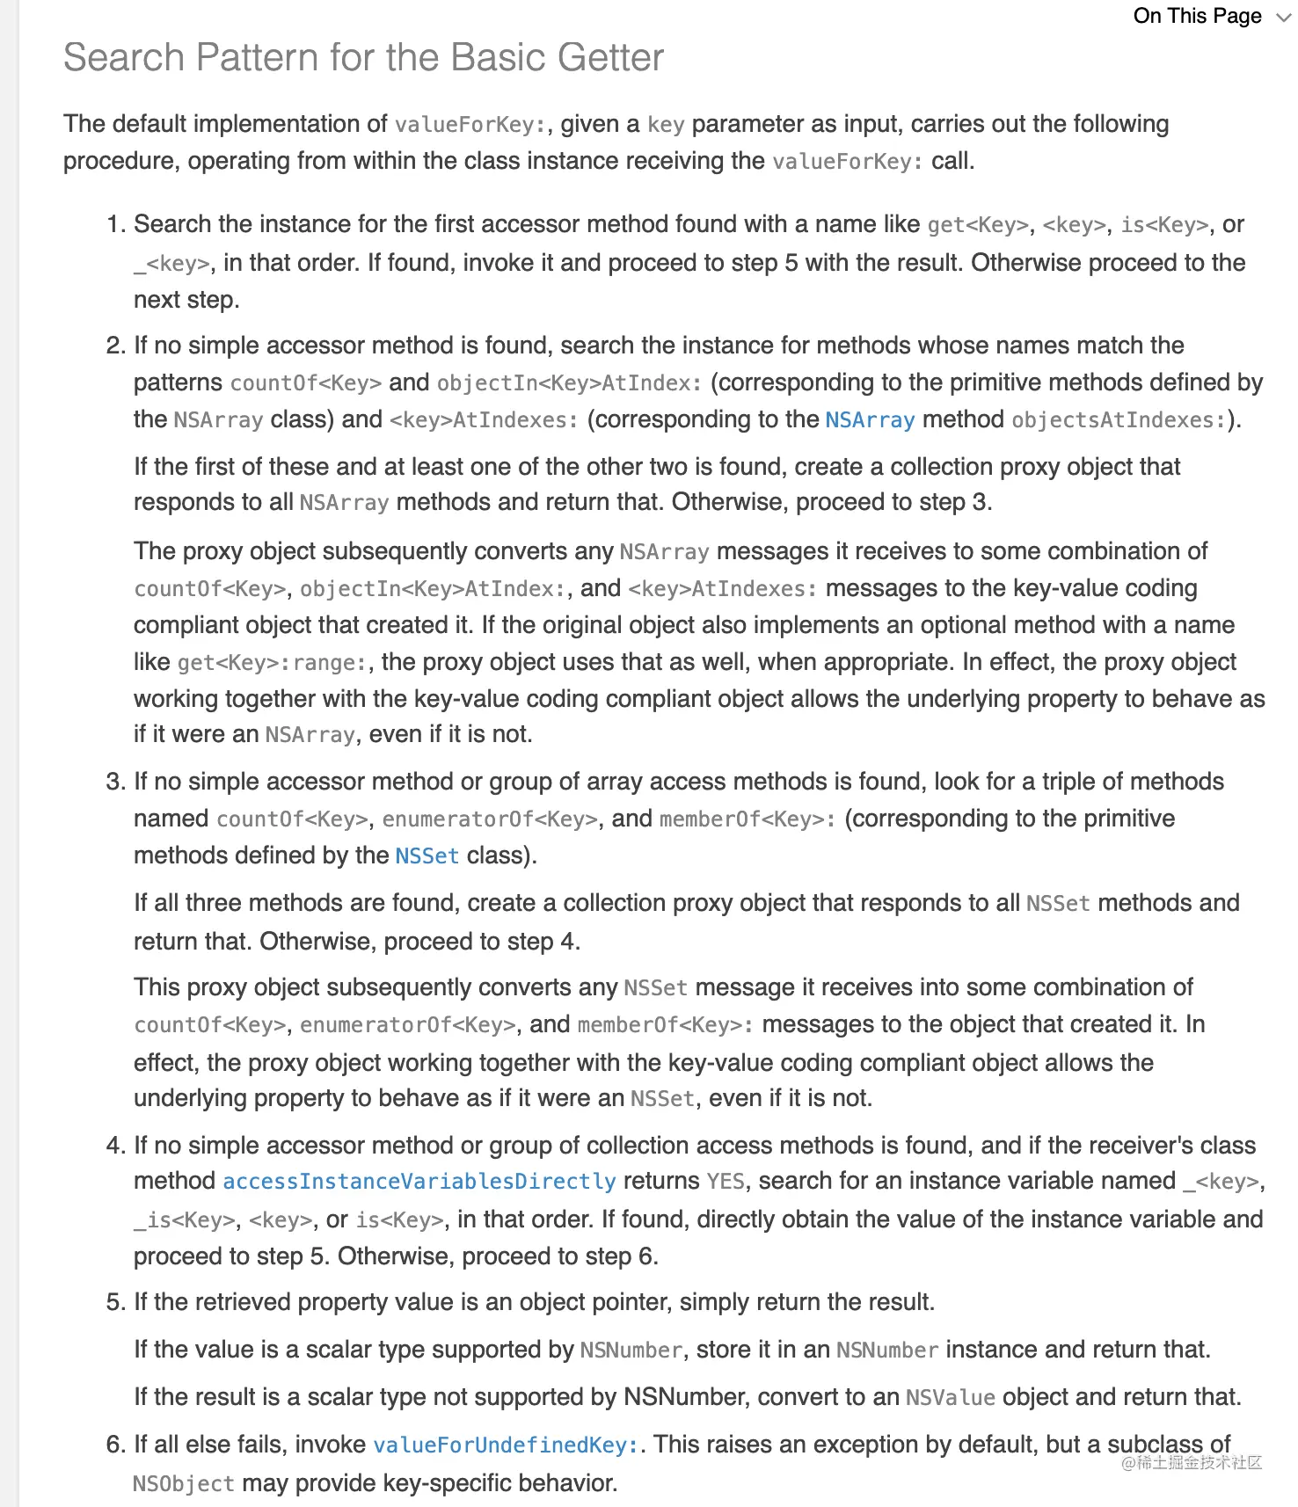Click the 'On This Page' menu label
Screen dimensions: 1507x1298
click(1197, 16)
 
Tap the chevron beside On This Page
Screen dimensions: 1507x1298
click(1283, 18)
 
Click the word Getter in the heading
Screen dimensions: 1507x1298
click(610, 58)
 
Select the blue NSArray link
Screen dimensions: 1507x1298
click(870, 420)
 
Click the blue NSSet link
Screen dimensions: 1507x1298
click(427, 856)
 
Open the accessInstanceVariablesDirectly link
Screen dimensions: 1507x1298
click(419, 1182)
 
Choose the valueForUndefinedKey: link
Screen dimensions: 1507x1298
click(506, 1445)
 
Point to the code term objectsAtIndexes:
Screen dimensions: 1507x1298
click(1119, 420)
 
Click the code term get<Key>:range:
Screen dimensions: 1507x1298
click(272, 663)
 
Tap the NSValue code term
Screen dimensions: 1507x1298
click(950, 1398)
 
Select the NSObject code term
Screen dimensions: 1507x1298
click(184, 1484)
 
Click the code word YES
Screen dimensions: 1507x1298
click(726, 1182)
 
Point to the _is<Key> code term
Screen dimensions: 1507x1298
click(185, 1220)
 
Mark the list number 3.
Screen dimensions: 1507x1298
click(115, 782)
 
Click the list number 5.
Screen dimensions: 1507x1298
click(115, 1302)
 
